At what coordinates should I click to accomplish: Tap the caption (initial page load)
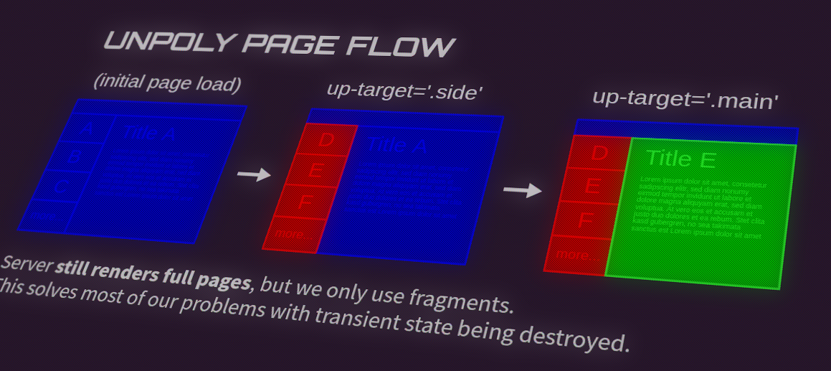point(167,83)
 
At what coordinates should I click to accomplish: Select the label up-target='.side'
point(404,91)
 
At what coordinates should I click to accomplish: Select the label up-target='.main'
point(685,100)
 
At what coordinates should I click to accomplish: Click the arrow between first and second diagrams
point(254,174)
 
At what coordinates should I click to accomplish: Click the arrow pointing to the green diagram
point(522,190)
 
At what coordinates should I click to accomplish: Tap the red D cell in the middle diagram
point(326,139)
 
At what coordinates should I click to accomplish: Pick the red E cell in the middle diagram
point(315,171)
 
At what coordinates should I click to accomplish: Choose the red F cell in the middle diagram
point(305,202)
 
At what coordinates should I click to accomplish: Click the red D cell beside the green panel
point(599,153)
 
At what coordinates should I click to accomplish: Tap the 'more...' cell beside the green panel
point(574,254)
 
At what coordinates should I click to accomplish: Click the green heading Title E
point(681,159)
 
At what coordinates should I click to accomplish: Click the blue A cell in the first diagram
point(87,130)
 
